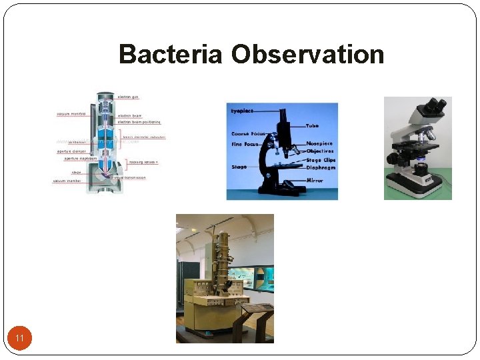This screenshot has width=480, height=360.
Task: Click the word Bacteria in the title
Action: click(x=170, y=54)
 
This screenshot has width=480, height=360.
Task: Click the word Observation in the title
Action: click(x=307, y=54)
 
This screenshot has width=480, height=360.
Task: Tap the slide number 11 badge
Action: click(x=20, y=339)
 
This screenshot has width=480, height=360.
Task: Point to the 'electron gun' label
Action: click(x=128, y=97)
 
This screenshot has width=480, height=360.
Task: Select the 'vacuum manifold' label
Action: click(x=70, y=113)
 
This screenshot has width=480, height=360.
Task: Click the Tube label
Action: click(x=312, y=126)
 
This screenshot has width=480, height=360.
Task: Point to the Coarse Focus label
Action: click(x=247, y=134)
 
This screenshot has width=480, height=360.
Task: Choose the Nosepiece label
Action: click(x=319, y=144)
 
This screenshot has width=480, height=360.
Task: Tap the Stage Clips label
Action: click(x=321, y=160)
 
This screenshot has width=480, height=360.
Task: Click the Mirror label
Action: click(x=315, y=181)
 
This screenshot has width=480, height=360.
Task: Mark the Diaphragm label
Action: click(x=321, y=168)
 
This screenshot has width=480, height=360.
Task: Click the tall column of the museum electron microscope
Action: click(x=222, y=257)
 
